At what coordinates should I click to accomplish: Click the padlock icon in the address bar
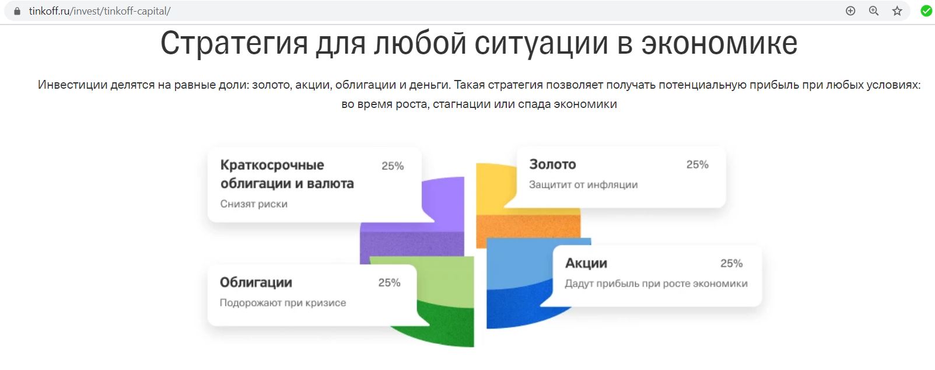[17, 11]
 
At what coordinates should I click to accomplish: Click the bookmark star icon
[897, 11]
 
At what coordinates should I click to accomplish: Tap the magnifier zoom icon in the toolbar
[874, 11]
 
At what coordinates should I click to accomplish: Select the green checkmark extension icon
[926, 11]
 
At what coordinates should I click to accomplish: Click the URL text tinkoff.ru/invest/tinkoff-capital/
[100, 11]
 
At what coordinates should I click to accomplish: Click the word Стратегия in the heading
[234, 43]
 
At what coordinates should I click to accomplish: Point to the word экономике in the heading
[719, 43]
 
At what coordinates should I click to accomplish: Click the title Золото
[552, 164]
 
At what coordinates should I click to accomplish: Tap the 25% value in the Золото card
[698, 165]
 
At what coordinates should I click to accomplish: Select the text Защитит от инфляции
[583, 184]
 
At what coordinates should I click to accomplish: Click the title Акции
[586, 263]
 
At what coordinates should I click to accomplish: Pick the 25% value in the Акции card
[731, 264]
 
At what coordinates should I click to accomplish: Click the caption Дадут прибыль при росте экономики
[656, 284]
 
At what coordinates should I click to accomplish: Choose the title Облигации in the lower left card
[256, 282]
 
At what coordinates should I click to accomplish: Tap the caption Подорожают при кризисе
[283, 303]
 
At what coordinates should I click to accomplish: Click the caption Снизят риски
[254, 204]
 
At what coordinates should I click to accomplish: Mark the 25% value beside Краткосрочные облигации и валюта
[393, 166]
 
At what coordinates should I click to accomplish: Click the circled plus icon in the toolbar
[850, 11]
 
